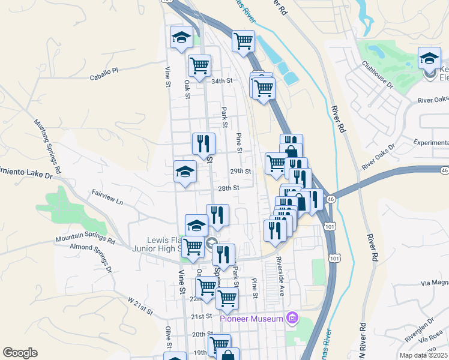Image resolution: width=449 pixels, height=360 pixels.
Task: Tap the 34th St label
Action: (x=221, y=81)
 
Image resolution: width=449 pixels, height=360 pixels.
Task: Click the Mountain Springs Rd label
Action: (x=85, y=238)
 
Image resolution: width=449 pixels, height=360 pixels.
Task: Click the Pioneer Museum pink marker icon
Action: (x=292, y=317)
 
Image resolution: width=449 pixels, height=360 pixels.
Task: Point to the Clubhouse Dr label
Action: (x=377, y=74)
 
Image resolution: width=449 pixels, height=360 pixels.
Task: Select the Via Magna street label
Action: (x=434, y=283)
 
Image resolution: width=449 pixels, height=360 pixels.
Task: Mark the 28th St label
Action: (x=229, y=188)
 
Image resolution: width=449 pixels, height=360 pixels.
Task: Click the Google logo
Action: (x=20, y=353)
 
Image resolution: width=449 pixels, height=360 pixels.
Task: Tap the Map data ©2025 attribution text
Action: (x=423, y=355)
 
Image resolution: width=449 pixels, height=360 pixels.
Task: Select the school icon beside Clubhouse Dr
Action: (x=429, y=58)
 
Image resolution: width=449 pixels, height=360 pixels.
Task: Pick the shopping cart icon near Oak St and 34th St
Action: (x=199, y=65)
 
